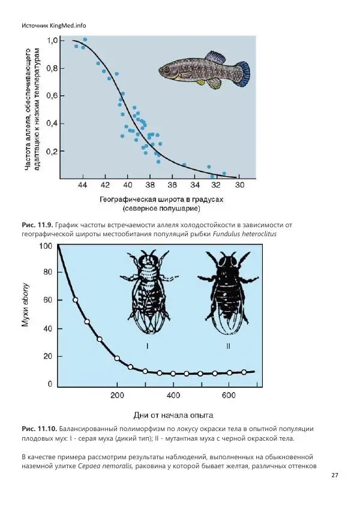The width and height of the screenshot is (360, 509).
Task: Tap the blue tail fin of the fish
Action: click(x=241, y=73)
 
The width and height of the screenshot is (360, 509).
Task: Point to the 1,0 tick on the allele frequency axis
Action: click(x=54, y=40)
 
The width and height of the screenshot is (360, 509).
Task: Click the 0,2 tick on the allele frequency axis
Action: click(x=54, y=152)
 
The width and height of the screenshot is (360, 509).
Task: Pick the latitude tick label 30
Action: click(x=238, y=185)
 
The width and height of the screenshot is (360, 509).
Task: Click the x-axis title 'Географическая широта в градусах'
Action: click(x=161, y=200)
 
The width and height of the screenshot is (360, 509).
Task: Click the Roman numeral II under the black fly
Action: click(x=228, y=346)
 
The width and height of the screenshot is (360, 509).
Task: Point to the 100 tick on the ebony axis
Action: click(x=46, y=246)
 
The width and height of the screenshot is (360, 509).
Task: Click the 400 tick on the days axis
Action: click(x=173, y=396)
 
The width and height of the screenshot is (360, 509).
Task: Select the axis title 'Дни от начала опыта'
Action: click(x=172, y=415)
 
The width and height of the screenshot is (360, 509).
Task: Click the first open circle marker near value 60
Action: click(x=76, y=300)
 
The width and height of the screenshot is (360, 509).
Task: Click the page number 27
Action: click(x=335, y=475)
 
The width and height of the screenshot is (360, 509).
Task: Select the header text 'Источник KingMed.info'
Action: click(x=54, y=26)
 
